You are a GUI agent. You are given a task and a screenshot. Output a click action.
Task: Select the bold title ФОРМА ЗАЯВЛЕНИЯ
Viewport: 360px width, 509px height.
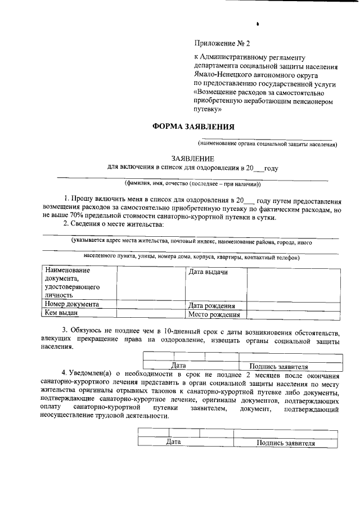(x=193, y=127)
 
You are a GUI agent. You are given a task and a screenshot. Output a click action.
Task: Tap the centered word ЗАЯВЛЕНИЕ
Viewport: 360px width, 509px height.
(x=193, y=159)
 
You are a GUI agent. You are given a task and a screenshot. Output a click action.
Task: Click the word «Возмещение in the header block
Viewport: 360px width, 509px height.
(x=216, y=92)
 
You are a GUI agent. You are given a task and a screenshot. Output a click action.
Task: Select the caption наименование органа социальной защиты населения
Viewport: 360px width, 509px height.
(x=271, y=145)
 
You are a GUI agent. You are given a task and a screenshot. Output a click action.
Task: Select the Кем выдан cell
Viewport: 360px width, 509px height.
(x=61, y=313)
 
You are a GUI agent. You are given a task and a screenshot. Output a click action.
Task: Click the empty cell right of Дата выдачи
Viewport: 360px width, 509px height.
(x=293, y=284)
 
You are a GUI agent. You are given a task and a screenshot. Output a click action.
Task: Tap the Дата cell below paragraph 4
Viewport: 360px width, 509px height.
(x=173, y=442)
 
